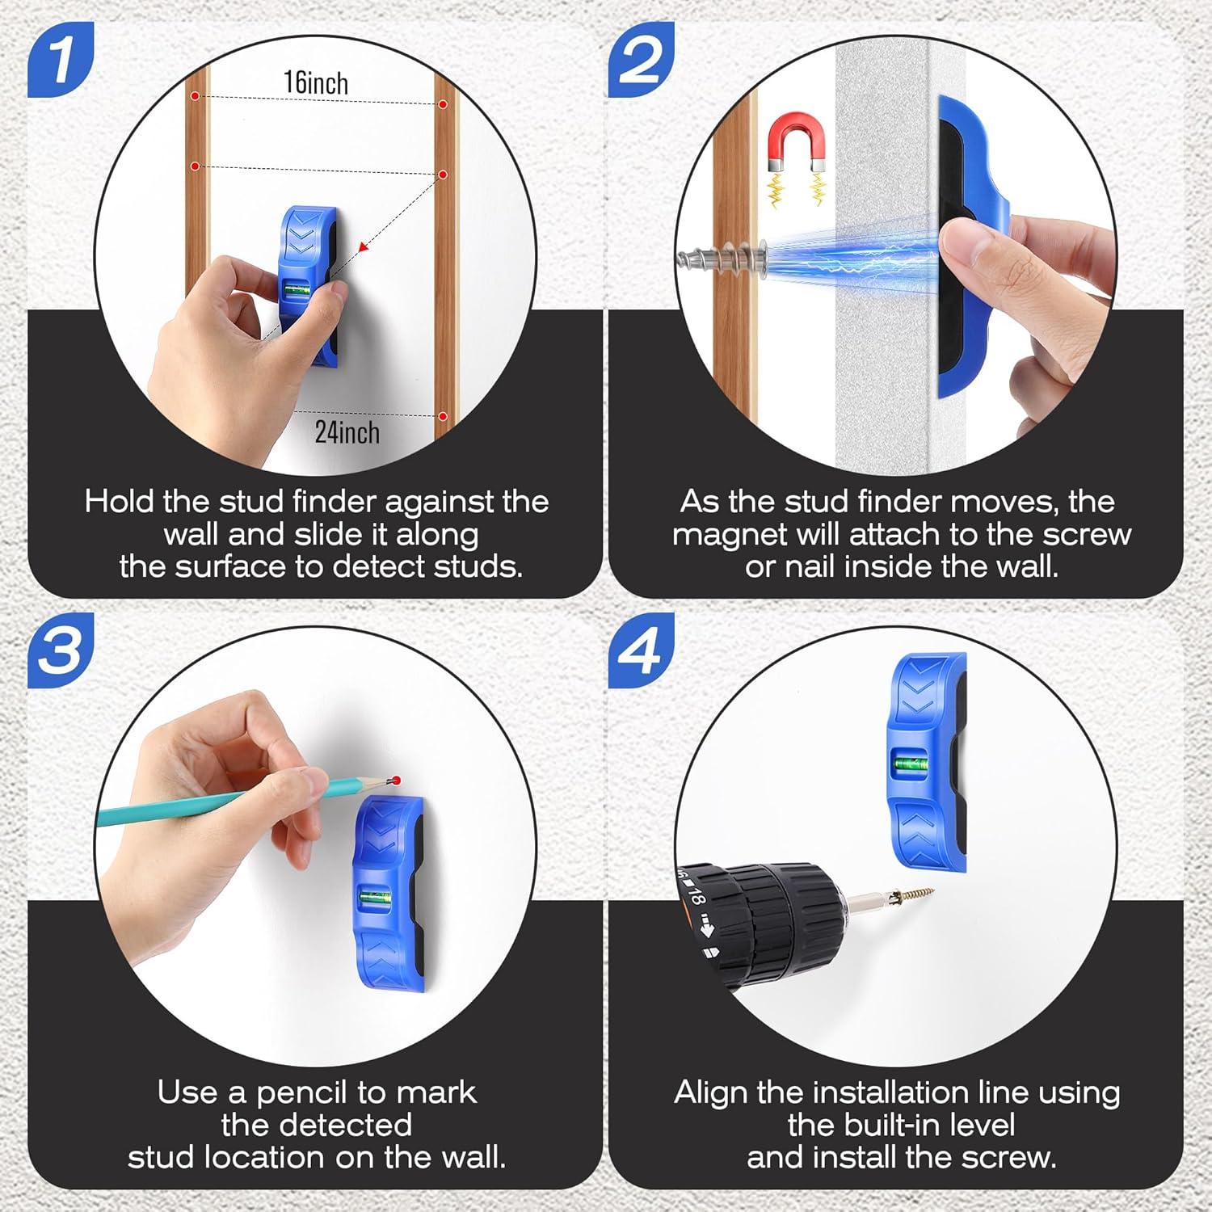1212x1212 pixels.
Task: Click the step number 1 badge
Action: [x=61, y=60]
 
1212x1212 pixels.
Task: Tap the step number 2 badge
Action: [x=641, y=60]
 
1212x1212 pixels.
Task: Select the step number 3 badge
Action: [x=61, y=650]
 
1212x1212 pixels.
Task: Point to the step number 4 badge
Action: [x=641, y=650]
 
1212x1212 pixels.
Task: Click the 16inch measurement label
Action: [x=316, y=82]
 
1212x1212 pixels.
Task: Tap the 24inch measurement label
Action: [x=347, y=432]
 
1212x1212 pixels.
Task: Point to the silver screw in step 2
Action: [x=720, y=260]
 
